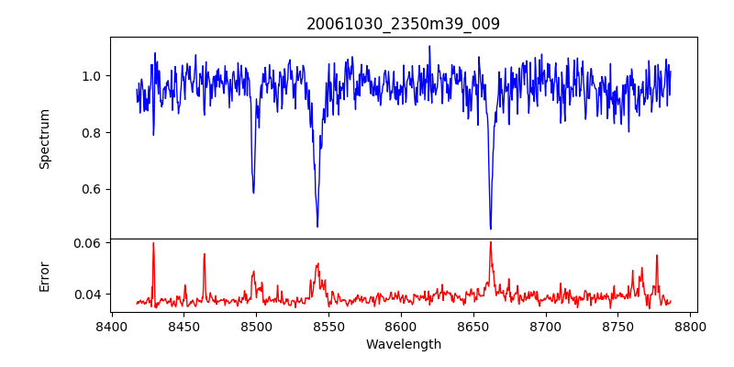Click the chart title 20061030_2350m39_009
click(x=403, y=24)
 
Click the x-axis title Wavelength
click(x=403, y=345)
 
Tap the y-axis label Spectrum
click(x=44, y=139)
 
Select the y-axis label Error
click(x=44, y=276)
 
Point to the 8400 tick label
click(x=111, y=327)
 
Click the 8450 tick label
click(x=183, y=327)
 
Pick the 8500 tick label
click(x=256, y=327)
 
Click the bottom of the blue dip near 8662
click(x=491, y=228)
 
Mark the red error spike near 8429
click(x=153, y=243)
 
